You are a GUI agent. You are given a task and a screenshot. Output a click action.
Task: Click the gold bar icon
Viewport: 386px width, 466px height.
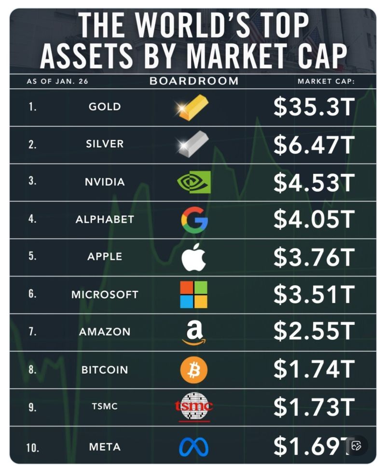(x=193, y=107)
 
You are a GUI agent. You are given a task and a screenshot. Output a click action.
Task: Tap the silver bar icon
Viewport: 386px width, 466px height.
(x=193, y=144)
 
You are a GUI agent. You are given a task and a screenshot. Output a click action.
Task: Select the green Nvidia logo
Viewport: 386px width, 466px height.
(x=194, y=182)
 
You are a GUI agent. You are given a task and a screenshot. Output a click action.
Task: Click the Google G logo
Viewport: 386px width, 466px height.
(x=194, y=220)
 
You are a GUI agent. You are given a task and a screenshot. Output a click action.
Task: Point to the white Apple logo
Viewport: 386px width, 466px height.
(x=193, y=257)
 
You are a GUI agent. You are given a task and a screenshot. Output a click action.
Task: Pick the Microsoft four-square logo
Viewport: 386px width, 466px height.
(x=193, y=294)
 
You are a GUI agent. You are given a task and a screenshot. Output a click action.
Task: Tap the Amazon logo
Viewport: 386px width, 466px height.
(x=193, y=333)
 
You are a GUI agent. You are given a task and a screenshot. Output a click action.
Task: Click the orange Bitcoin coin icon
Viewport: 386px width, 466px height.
(x=193, y=370)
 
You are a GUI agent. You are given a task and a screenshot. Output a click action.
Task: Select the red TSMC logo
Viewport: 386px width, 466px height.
(x=193, y=407)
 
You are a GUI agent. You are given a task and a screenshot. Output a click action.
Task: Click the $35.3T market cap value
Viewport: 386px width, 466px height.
(x=314, y=107)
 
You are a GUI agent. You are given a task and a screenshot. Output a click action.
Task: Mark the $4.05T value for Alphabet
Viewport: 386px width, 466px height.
(x=314, y=220)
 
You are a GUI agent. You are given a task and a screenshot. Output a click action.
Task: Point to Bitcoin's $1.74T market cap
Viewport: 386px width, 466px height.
(x=314, y=370)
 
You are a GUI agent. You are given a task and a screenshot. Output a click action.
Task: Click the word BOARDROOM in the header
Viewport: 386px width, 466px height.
(x=194, y=81)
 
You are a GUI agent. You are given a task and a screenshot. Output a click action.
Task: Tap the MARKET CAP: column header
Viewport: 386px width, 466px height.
(x=326, y=81)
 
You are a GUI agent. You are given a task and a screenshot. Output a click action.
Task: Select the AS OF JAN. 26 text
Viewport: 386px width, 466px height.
(x=57, y=81)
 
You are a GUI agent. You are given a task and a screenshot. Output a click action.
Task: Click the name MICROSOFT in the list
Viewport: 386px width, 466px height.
(x=105, y=294)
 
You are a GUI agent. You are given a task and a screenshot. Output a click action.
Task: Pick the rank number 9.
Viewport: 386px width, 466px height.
(x=32, y=407)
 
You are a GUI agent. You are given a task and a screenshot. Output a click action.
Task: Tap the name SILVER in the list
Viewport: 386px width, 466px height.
(x=105, y=144)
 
